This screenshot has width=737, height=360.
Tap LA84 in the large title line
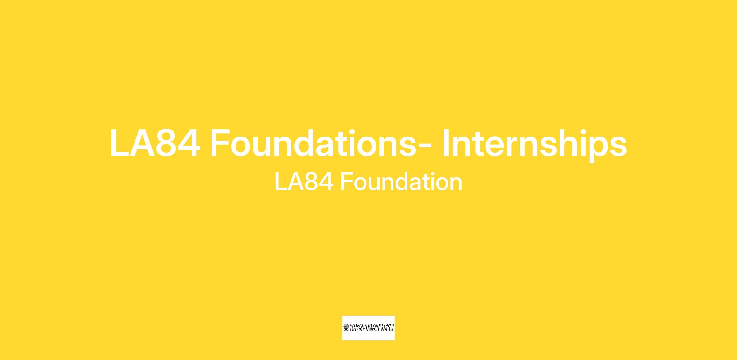[155, 143]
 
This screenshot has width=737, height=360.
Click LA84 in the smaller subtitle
[304, 182]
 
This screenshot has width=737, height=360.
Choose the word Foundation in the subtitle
[401, 181]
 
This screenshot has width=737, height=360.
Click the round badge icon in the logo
[346, 328]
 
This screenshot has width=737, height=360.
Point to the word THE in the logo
[354, 328]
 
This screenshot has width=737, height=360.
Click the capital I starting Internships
[446, 143]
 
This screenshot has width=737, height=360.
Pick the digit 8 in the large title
[166, 143]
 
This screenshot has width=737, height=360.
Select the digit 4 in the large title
[189, 143]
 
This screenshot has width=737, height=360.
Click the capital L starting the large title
[120, 143]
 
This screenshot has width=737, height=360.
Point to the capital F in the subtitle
[347, 182]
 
